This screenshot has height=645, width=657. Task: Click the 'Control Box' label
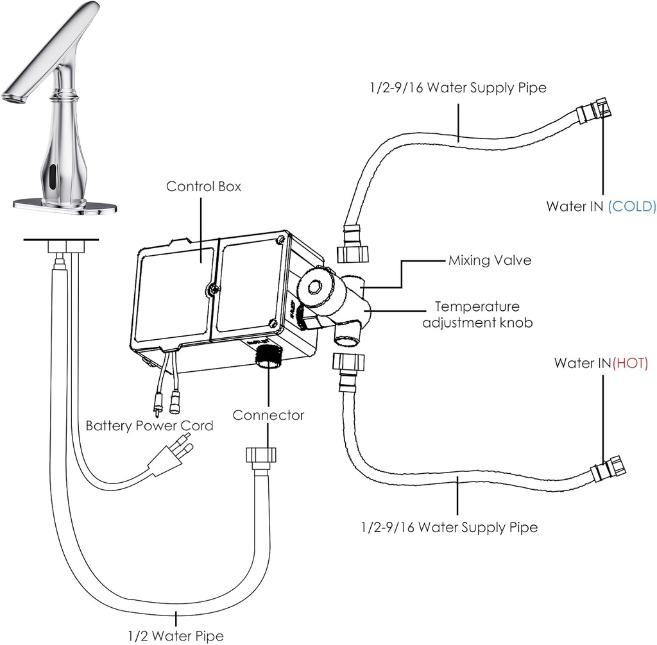tap(203, 187)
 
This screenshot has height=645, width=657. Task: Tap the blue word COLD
tap(632, 206)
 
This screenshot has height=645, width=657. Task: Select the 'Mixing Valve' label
tap(490, 261)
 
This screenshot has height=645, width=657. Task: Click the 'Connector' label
tap(268, 415)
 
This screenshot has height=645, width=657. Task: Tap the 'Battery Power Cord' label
tap(149, 426)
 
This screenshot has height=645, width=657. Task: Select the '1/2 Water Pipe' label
tap(175, 635)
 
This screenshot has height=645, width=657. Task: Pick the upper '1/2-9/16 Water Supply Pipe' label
tap(457, 87)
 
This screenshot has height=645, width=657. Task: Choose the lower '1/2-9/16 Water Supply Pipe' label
tap(448, 528)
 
